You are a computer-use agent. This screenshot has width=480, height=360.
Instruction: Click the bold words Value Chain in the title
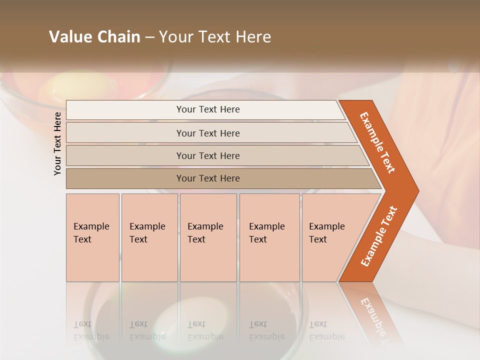pyautogui.click(x=94, y=37)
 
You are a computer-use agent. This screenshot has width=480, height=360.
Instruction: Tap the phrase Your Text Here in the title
pyautogui.click(x=215, y=37)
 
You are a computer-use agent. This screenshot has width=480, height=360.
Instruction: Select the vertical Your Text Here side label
pyautogui.click(x=57, y=143)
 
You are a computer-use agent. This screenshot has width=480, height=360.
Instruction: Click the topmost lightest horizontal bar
pyautogui.click(x=207, y=109)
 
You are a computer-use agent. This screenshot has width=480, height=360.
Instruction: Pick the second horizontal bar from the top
pyautogui.click(x=207, y=133)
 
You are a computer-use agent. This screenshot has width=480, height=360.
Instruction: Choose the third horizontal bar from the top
pyautogui.click(x=207, y=155)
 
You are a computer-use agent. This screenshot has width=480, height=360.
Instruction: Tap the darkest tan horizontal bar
pyautogui.click(x=207, y=178)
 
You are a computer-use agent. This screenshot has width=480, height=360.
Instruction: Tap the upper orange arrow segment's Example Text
pyautogui.click(x=377, y=142)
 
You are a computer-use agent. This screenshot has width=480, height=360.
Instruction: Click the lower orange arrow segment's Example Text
pyautogui.click(x=378, y=236)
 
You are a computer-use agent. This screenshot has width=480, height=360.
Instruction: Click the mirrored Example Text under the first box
pyautogui.click(x=92, y=330)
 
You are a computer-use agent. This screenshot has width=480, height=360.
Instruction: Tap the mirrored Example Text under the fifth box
pyautogui.click(x=326, y=330)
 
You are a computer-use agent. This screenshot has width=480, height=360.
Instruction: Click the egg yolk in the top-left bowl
pyautogui.click(x=70, y=85)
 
